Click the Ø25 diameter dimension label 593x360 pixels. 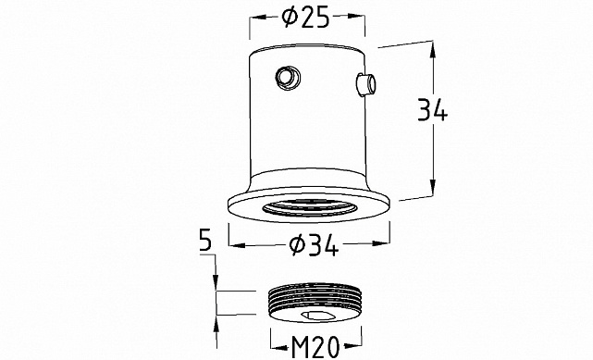pos(306,18)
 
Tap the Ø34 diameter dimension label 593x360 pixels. pos(314,245)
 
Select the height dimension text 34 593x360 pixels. pos(433,109)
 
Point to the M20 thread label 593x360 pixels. pos(315,347)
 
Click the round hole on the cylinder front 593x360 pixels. pos(289,78)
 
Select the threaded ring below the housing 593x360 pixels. pos(315,303)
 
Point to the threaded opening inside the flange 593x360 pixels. pos(310,208)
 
